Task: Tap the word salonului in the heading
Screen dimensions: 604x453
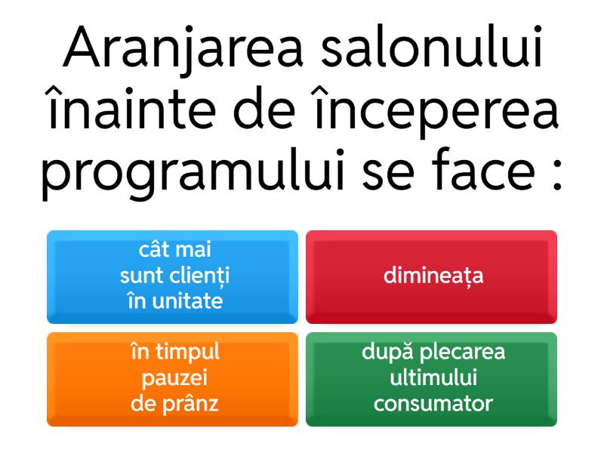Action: coord(432,47)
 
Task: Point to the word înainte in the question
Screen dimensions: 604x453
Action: coord(130,107)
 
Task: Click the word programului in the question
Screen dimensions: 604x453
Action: coord(193,174)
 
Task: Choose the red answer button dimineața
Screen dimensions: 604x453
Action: coord(431,277)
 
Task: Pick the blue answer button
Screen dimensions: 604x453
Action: coord(172,277)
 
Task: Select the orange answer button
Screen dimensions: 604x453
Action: coord(172,380)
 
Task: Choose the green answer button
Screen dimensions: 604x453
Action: coord(431,380)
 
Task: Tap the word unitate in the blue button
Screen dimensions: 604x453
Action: coord(187,301)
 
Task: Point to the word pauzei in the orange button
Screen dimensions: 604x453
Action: coord(174,378)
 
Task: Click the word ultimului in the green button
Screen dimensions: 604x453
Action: coord(433,377)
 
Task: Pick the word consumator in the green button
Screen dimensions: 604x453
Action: coord(433,404)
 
